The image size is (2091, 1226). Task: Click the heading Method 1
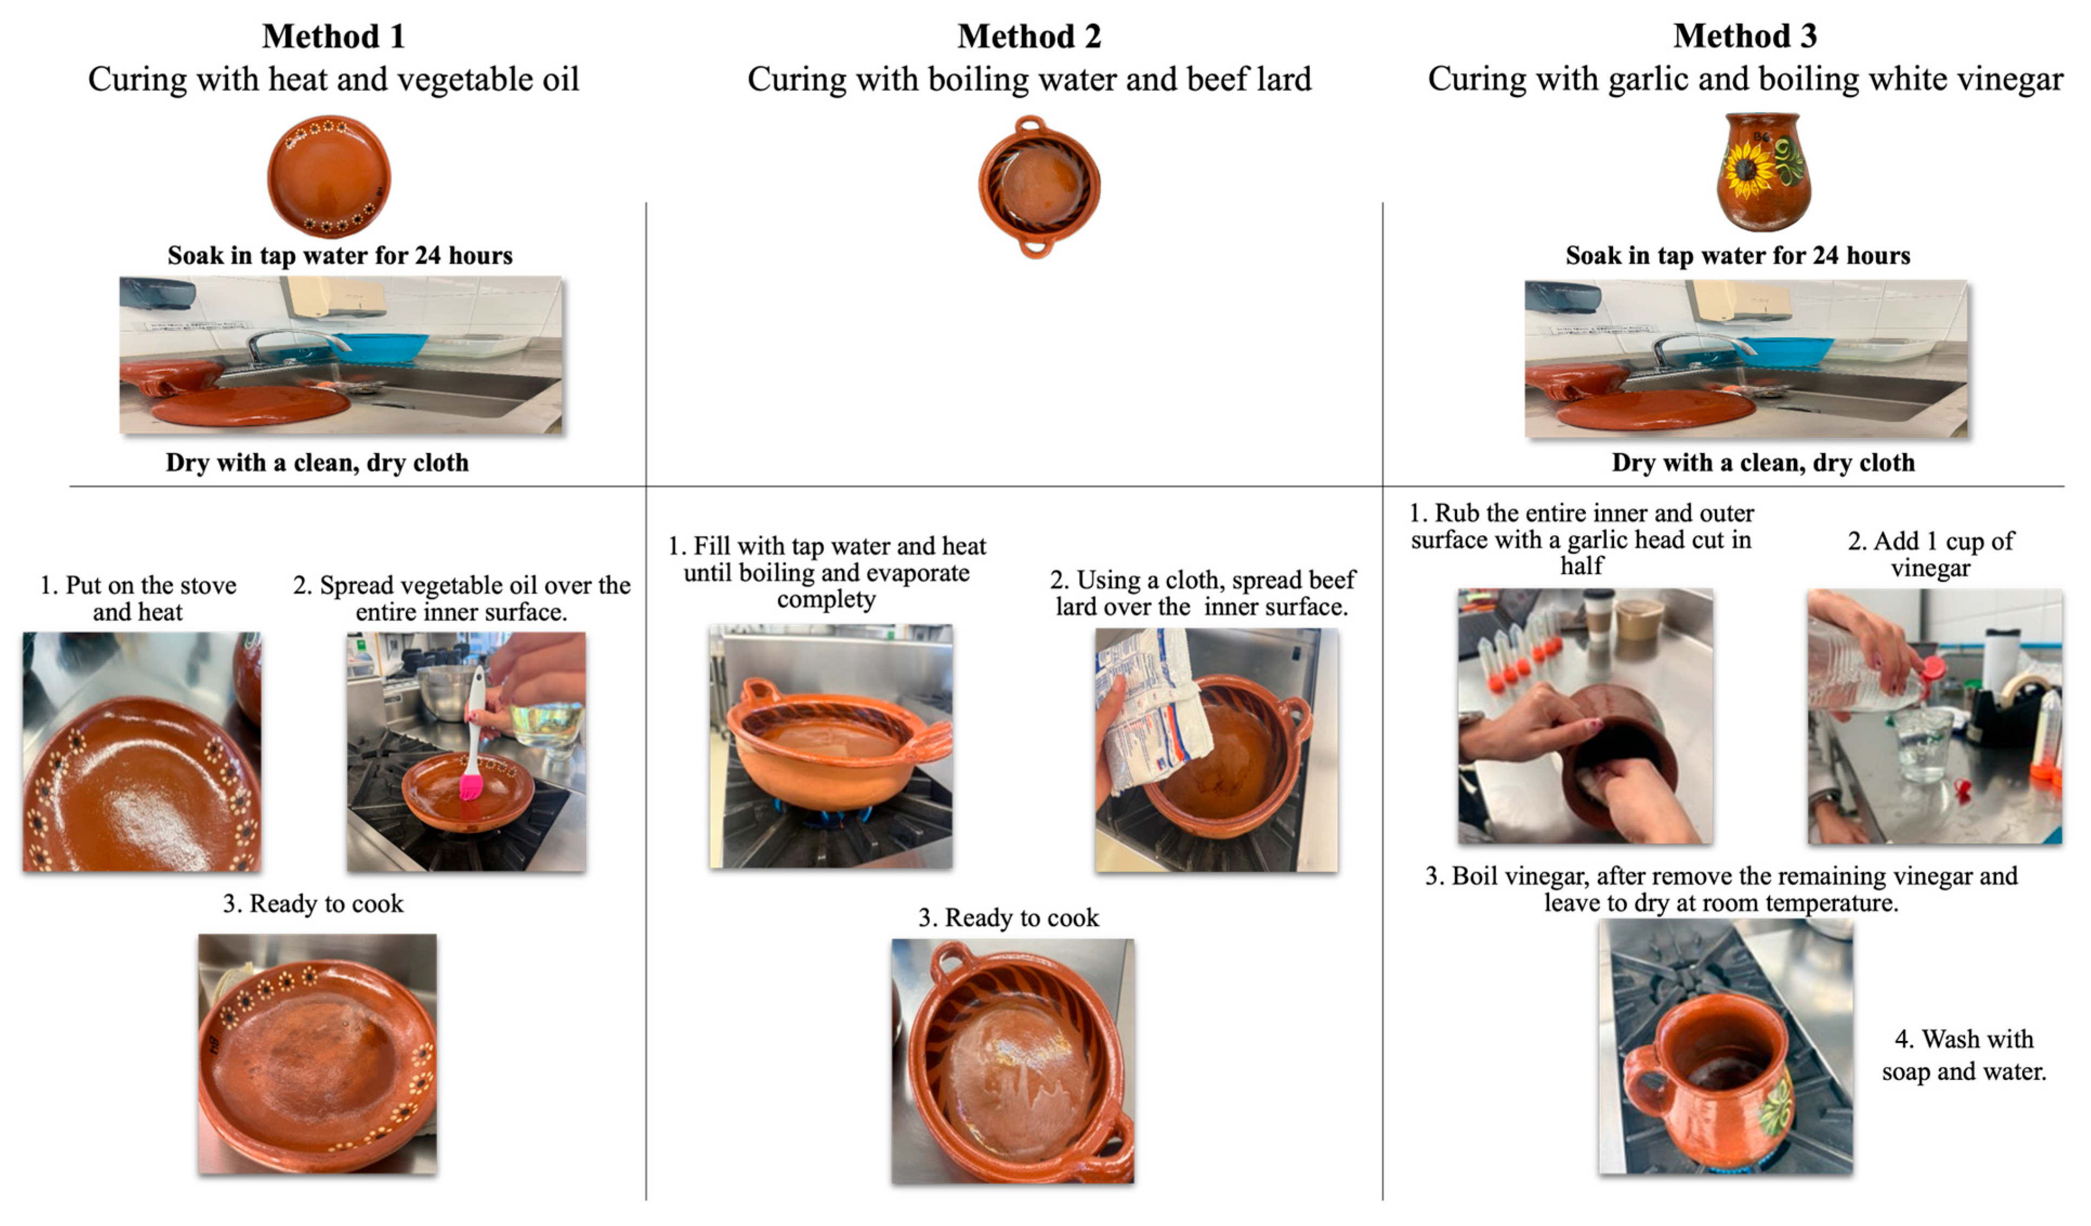coord(333,36)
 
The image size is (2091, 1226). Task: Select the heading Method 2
coord(1029,36)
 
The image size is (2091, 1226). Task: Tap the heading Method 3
coord(1745,36)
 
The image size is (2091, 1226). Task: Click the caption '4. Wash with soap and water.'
coord(1964,1054)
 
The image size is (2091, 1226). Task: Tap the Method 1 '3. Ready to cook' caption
coord(313,904)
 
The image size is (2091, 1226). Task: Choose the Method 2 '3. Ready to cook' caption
coord(1008,918)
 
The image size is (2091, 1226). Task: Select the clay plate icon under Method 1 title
coord(329,176)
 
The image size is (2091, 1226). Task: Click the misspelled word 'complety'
coord(827,599)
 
